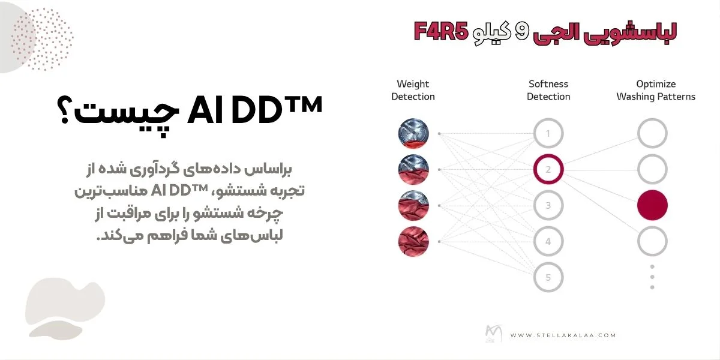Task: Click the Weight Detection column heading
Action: click(x=413, y=90)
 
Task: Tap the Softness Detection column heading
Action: click(x=548, y=90)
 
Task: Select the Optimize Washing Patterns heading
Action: click(x=656, y=90)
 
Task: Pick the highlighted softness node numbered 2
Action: click(x=548, y=170)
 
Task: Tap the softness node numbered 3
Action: click(x=548, y=206)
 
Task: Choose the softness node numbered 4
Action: click(x=548, y=242)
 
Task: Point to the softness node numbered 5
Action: click(x=548, y=277)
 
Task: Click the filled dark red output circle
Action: click(x=652, y=206)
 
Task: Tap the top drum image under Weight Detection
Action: click(x=413, y=134)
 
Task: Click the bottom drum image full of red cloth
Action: click(x=413, y=242)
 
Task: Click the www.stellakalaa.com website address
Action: click(x=563, y=335)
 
